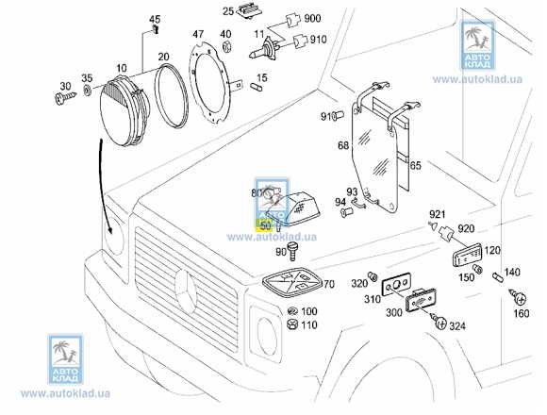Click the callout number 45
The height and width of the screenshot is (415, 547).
tap(155, 19)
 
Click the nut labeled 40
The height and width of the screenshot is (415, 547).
tap(226, 52)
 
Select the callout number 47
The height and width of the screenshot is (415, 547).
tap(198, 34)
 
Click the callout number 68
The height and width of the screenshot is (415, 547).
tap(343, 145)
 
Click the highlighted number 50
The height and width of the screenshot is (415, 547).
tap(265, 225)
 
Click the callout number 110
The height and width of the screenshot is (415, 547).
tap(309, 325)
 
